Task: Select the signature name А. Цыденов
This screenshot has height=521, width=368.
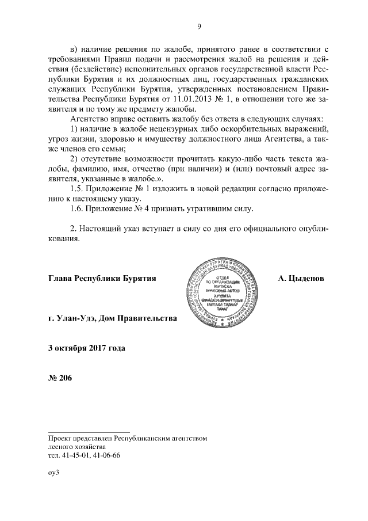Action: (301, 278)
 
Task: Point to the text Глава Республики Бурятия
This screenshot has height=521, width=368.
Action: (103, 278)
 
